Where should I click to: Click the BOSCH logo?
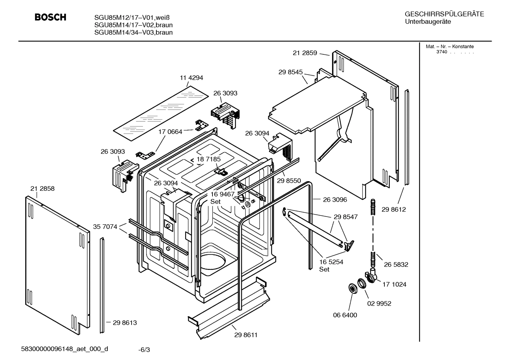click(50, 17)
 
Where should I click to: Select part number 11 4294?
click(191, 78)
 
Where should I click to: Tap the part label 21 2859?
click(305, 53)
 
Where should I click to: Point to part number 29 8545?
click(291, 72)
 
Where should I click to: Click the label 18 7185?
click(209, 159)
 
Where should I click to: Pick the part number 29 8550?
click(289, 181)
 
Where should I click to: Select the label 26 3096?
click(335, 200)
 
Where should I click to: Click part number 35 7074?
click(105, 227)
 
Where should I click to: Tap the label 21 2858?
click(42, 189)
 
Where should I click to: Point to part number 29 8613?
click(125, 323)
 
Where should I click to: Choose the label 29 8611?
click(246, 335)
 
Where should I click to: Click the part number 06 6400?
click(345, 315)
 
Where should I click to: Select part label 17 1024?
click(394, 284)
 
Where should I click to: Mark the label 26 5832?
click(396, 265)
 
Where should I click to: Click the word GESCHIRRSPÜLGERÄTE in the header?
click(444, 14)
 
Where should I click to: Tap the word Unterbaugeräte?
click(427, 22)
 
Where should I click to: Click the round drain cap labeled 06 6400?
click(352, 288)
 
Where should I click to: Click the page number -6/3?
click(144, 350)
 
